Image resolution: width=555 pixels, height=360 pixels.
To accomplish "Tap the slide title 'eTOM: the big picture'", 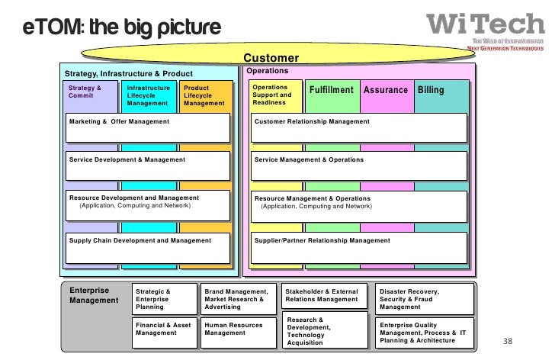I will (x=122, y=28).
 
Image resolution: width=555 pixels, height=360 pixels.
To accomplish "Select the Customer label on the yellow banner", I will (x=271, y=59).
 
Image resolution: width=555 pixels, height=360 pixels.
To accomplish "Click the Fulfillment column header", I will (x=331, y=90).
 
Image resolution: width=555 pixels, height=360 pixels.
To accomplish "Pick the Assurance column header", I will (x=385, y=90).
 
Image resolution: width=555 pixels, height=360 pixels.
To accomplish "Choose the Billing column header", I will (x=431, y=90).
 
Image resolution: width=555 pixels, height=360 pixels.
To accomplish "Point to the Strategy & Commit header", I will (x=85, y=92).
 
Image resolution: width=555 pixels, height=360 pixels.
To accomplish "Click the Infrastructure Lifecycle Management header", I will (x=149, y=96).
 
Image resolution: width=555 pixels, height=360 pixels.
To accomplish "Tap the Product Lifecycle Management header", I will (x=204, y=96).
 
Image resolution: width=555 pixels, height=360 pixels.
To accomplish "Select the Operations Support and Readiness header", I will (x=272, y=96).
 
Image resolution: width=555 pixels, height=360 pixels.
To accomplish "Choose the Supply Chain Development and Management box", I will (x=147, y=246).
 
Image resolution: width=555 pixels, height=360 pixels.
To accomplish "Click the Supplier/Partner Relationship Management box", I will (x=359, y=246).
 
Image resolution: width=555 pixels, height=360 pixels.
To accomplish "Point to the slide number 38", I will (x=508, y=340).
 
